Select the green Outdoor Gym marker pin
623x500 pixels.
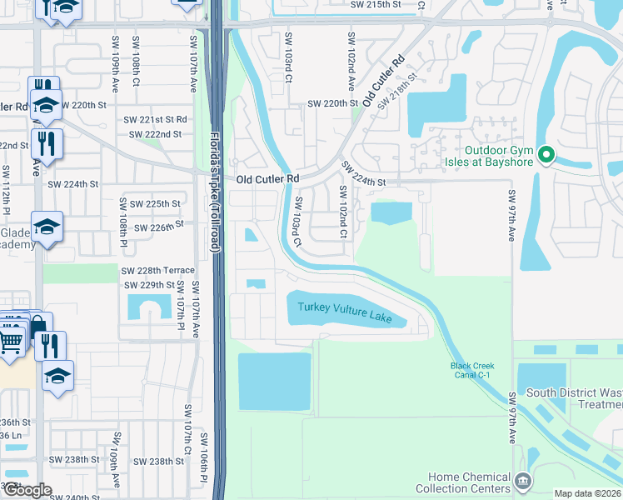point(546,155)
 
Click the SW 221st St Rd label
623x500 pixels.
point(157,120)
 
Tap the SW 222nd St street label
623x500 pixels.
point(155,134)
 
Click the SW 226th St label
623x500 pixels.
point(155,225)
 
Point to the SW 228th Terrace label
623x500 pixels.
point(157,270)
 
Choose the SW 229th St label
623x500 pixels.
point(149,285)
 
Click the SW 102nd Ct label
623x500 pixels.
point(342,211)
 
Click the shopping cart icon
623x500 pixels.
point(10,341)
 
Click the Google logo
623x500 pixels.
point(27,490)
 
